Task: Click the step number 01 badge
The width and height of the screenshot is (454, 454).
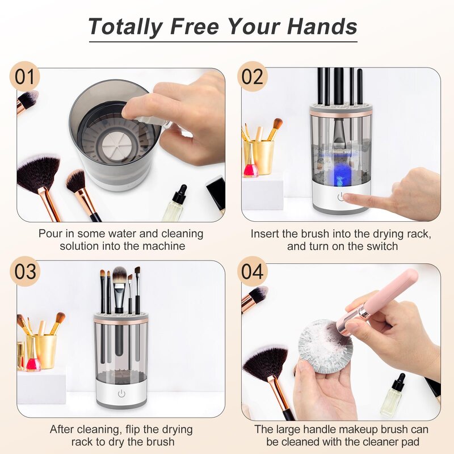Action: (x=24, y=76)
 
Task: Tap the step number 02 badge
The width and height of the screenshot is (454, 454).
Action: (x=253, y=76)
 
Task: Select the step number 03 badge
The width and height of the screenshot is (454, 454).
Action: (x=25, y=271)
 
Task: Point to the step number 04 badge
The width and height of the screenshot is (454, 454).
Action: (x=253, y=271)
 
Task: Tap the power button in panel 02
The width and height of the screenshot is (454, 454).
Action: (x=340, y=197)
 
